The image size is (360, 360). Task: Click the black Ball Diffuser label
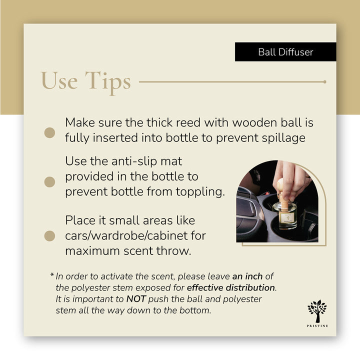pyautogui.click(x=285, y=52)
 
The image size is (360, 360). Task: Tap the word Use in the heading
pyautogui.click(x=58, y=81)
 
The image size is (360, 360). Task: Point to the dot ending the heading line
pyautogui.click(x=325, y=81)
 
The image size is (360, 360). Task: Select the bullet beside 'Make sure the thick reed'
pyautogui.click(x=49, y=132)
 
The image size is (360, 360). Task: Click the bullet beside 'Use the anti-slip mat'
pyautogui.click(x=49, y=181)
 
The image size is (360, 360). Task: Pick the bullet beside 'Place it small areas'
pyautogui.click(x=49, y=235)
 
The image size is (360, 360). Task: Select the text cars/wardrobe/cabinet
pyautogui.click(x=135, y=235)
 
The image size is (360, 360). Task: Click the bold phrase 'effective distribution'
pyautogui.click(x=230, y=288)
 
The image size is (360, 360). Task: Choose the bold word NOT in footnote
pyautogui.click(x=137, y=299)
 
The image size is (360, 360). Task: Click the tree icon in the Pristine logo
pyautogui.click(x=316, y=310)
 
